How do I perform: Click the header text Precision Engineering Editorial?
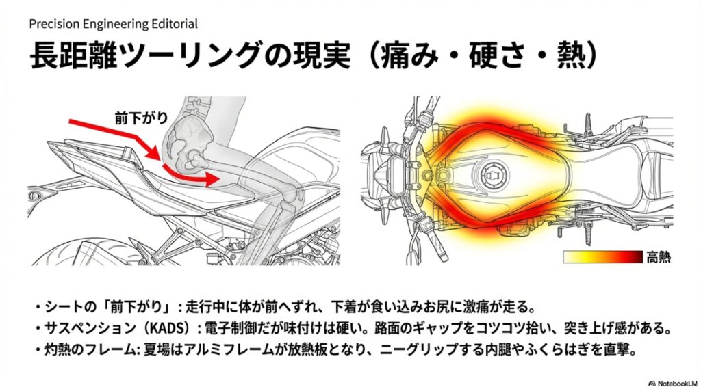pos(114,24)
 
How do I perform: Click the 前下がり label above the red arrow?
pos(140,118)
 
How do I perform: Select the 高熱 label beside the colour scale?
pos(659,258)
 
